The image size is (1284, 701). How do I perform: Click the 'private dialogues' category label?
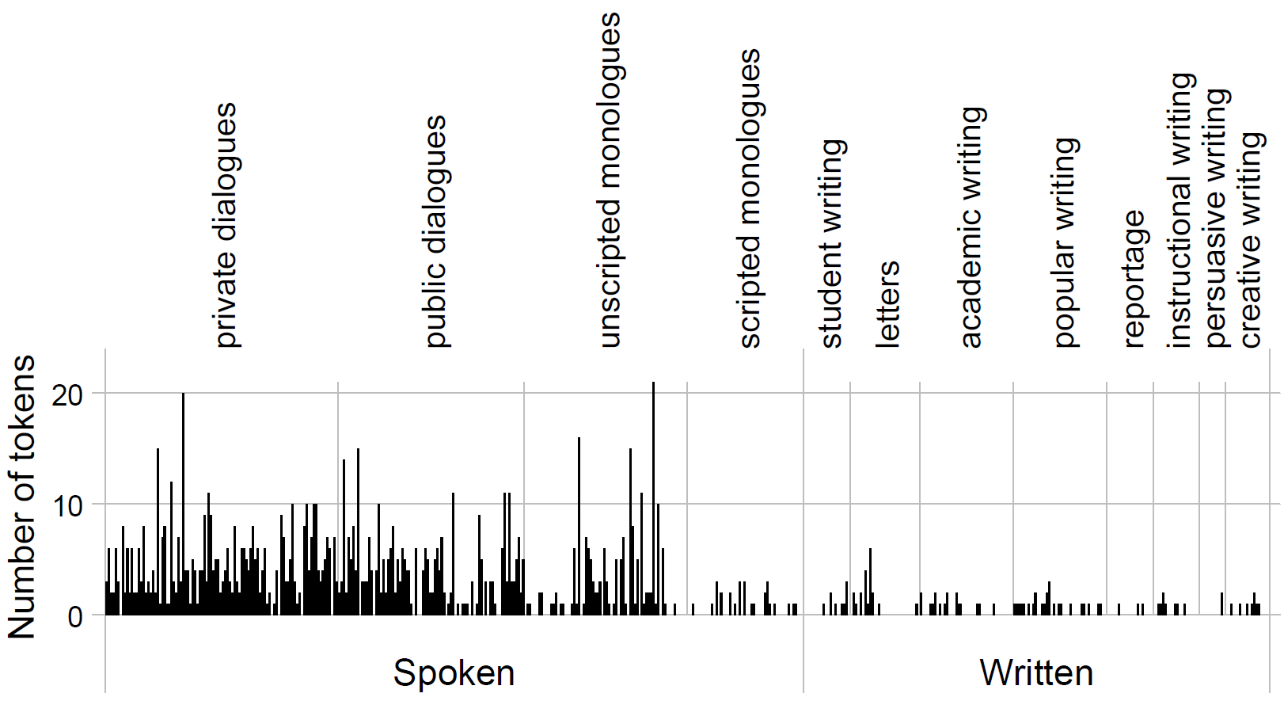pos(226,226)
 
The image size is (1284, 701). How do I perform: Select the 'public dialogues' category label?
pos(435,231)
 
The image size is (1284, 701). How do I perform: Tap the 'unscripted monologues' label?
pos(609,181)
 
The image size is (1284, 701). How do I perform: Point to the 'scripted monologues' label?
pos(749,198)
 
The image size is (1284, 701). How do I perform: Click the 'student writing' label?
pos(831,243)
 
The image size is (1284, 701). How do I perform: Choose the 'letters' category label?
pos(887,304)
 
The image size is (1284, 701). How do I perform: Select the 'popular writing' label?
pos(1065,242)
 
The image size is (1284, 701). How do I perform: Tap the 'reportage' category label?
pos(1134,279)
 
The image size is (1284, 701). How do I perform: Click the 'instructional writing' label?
pos(1180,211)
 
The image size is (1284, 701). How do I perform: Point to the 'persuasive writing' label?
pos(1217,218)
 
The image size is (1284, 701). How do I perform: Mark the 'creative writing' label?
pos(1250,239)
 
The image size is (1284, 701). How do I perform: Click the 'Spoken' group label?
pos(454,672)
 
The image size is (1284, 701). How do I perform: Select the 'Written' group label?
pos(1036,672)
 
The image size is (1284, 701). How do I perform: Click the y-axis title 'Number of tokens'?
pos(21,497)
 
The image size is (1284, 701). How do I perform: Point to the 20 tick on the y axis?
pos(67,394)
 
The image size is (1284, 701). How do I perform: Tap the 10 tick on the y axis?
pos(67,505)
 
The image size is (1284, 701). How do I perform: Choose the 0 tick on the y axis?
pos(75,616)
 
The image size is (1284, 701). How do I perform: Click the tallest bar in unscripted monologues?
pos(653,499)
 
